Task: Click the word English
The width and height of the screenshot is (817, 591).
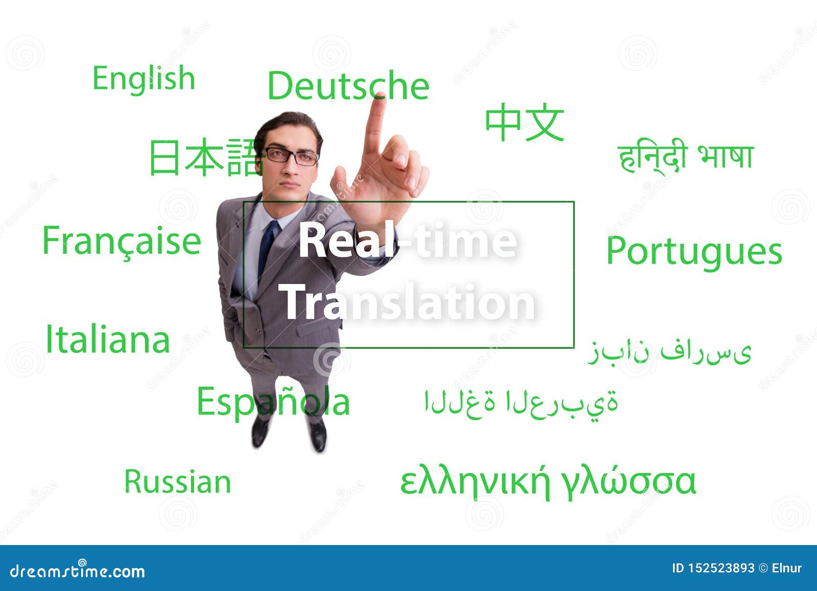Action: coord(143,79)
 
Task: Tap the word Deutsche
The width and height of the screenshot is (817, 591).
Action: coord(348,86)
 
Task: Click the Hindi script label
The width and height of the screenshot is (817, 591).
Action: coord(685,156)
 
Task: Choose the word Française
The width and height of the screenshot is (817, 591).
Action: coord(122,241)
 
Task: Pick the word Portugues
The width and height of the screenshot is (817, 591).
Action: coord(694,251)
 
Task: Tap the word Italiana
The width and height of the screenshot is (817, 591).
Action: coord(107,340)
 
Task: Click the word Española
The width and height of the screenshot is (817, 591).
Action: coord(273,401)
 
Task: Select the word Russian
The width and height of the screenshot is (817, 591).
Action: coord(178,482)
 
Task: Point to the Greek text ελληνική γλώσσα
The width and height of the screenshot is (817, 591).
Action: coord(547,481)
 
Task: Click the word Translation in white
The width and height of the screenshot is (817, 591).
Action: coord(407,303)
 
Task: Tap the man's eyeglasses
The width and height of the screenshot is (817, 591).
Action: coord(291,156)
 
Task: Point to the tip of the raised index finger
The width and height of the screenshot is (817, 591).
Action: coord(378,97)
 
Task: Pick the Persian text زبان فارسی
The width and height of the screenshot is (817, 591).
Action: coord(669,351)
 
